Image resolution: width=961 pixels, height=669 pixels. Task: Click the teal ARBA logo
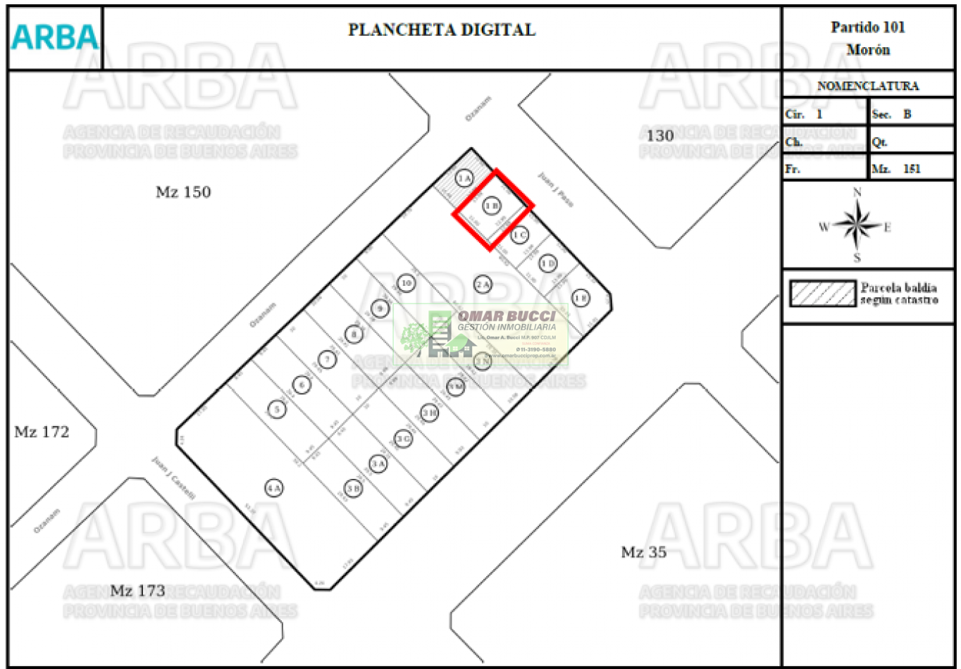tap(54, 38)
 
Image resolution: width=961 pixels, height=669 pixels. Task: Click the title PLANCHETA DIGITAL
tap(442, 30)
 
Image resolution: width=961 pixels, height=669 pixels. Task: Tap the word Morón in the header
tap(868, 50)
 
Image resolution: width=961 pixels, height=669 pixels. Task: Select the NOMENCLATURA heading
tap(868, 86)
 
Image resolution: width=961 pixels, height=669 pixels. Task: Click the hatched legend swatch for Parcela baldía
tap(822, 293)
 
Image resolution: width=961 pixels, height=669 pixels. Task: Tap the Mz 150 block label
tap(183, 192)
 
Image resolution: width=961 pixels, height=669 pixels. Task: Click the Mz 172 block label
tap(42, 432)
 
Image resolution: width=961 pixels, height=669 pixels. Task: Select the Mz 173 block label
tap(138, 591)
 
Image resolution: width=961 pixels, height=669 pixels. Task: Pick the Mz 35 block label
tap(643, 552)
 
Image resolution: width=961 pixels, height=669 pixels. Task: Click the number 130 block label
tap(660, 136)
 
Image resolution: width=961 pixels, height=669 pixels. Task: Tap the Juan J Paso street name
tap(556, 189)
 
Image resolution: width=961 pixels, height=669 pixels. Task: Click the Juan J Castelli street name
tap(173, 479)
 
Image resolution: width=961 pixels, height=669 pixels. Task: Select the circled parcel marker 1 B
tap(492, 206)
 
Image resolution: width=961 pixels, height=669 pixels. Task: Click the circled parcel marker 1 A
tap(464, 179)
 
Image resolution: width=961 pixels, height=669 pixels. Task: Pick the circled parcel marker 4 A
tap(274, 487)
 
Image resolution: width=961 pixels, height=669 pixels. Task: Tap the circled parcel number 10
tap(406, 283)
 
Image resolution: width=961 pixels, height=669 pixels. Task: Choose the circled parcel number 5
tap(278, 409)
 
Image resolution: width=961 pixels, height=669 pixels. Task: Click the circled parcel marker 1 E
tap(580, 297)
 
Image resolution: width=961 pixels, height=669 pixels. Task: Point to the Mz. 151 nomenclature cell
tap(912, 169)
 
